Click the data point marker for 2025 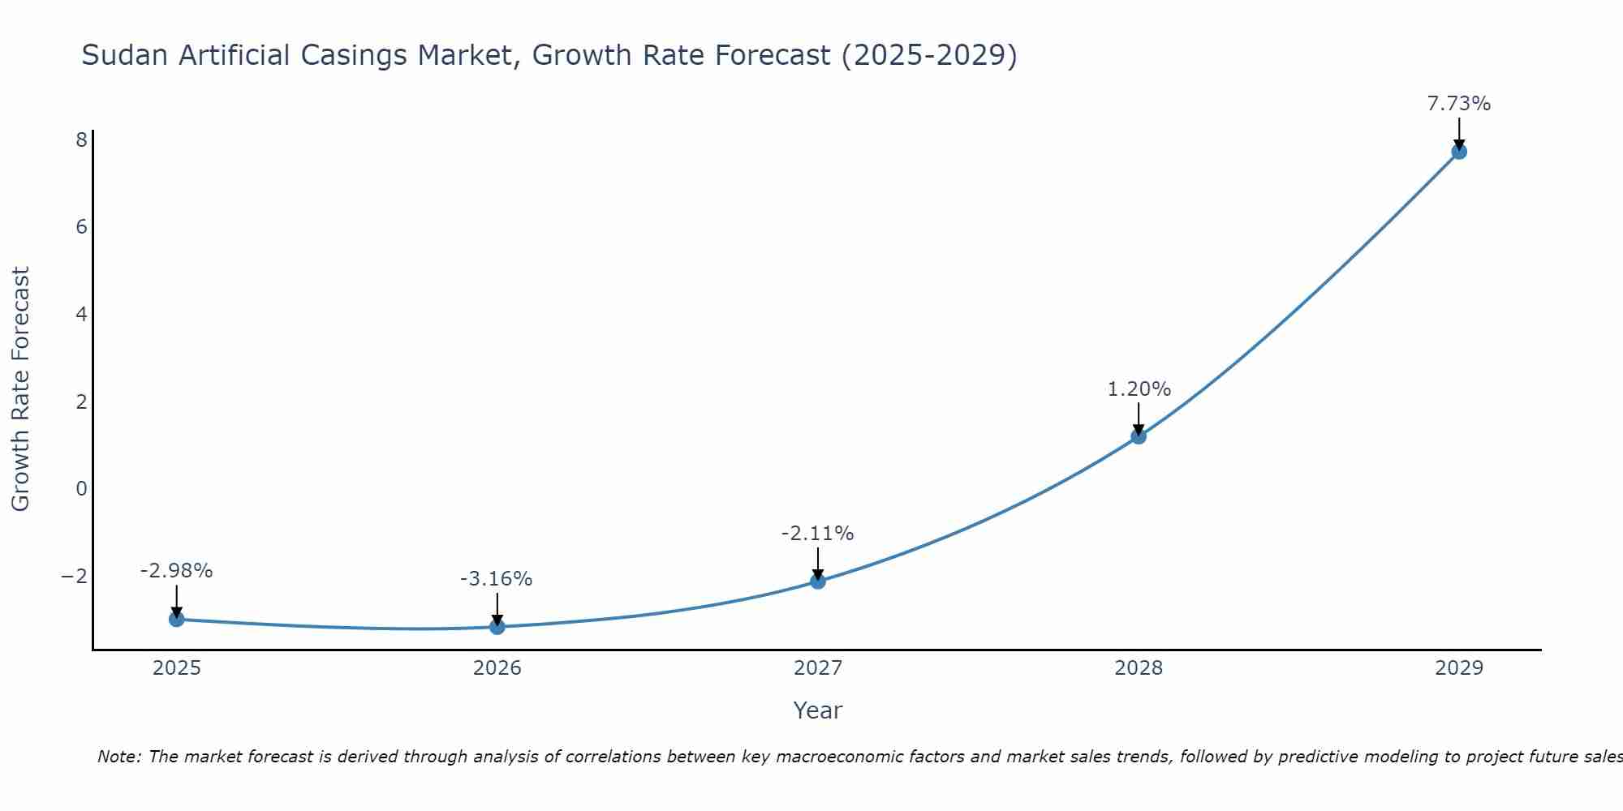(176, 619)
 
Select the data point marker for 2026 (497, 626)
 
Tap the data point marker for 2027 (817, 581)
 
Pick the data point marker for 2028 (1138, 436)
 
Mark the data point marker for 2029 (1458, 152)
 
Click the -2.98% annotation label (176, 571)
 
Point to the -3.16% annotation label (496, 579)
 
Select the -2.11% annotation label (817, 534)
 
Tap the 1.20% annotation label (1139, 389)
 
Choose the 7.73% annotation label (1458, 104)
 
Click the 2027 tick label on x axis (817, 668)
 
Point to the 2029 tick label (1458, 668)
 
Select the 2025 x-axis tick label (176, 668)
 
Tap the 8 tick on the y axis (81, 140)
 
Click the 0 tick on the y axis (81, 488)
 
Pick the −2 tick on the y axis (75, 576)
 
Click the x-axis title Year (817, 710)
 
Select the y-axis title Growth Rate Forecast (20, 389)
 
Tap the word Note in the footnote (118, 757)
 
